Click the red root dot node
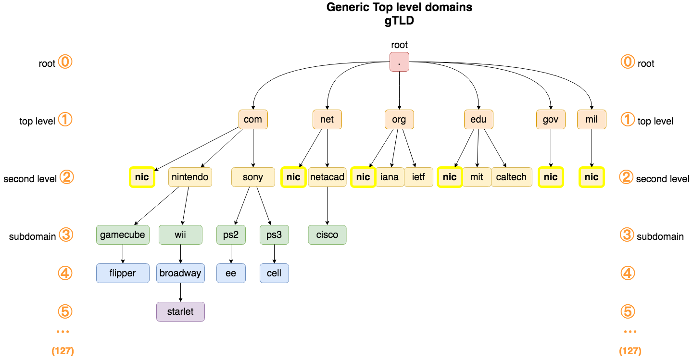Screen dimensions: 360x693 399,62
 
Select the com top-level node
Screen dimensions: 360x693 253,120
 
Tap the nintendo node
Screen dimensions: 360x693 190,177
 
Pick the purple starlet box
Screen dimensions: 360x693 180,311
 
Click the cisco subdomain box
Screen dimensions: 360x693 327,235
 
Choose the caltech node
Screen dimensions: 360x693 511,177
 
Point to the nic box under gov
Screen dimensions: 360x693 551,177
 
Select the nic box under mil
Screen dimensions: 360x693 592,177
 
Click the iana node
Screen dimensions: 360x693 390,177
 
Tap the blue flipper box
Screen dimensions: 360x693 123,273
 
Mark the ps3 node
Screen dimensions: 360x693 274,235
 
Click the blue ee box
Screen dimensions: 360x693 231,273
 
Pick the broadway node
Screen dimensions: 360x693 180,273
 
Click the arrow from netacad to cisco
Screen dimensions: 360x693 327,206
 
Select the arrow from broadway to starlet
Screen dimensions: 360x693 180,292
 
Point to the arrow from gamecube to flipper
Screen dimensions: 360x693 123,254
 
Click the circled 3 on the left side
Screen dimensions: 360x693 65,235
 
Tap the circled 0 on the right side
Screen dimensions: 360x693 628,62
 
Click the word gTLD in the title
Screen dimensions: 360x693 399,21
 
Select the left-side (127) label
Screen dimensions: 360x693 63,351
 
